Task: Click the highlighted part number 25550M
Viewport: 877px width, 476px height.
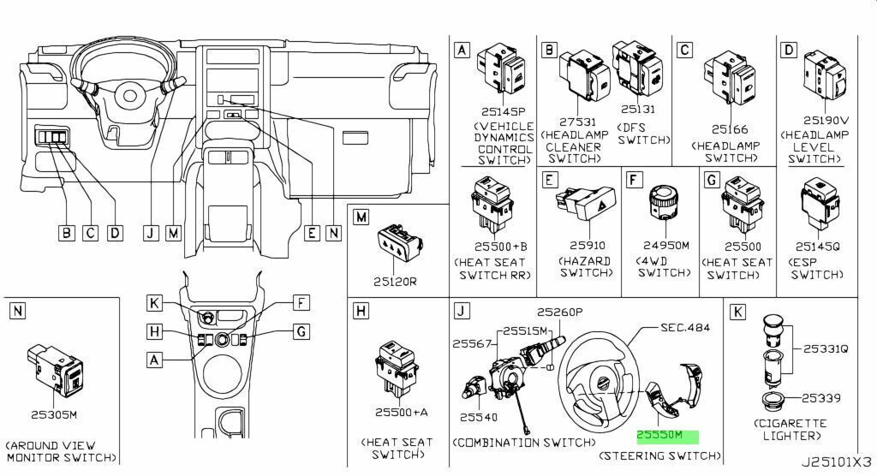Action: click(660, 434)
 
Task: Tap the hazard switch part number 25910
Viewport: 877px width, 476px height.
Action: click(588, 246)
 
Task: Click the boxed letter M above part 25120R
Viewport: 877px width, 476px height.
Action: click(361, 217)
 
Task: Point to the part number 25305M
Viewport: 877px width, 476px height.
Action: click(54, 414)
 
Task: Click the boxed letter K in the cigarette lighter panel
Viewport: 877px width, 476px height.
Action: click(737, 312)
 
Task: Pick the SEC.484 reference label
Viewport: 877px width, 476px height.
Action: click(685, 327)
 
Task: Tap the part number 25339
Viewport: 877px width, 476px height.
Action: click(821, 398)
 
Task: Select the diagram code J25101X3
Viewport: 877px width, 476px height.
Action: click(837, 462)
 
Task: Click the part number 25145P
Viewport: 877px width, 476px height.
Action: click(504, 112)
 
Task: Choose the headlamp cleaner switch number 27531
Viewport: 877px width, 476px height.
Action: click(578, 122)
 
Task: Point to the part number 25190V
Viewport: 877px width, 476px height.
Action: click(826, 120)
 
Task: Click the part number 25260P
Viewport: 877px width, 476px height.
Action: click(560, 312)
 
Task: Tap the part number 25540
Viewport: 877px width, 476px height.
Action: click(479, 417)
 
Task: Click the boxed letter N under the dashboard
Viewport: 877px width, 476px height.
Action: click(334, 233)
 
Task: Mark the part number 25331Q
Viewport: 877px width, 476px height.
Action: click(826, 348)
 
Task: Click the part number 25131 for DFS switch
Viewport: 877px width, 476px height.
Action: click(638, 109)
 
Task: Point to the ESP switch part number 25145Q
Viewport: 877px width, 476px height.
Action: click(818, 247)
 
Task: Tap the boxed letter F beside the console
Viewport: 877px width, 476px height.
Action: click(301, 303)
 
